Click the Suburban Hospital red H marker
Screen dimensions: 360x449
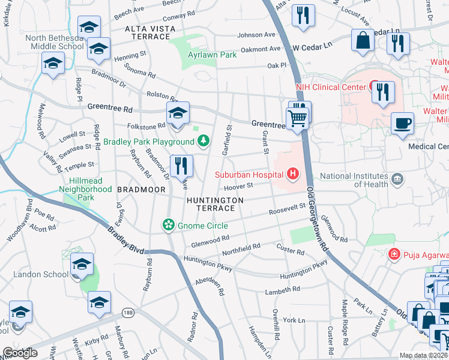[x=292, y=175]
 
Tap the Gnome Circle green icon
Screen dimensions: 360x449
[x=169, y=225]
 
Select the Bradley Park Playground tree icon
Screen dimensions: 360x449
[x=204, y=141]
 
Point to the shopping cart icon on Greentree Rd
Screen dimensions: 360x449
[x=297, y=118]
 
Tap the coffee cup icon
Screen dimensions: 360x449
[x=402, y=124]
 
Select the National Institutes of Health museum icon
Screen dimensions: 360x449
[x=397, y=179]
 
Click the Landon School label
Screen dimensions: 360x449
[x=40, y=274]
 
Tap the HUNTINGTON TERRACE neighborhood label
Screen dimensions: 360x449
[x=215, y=203]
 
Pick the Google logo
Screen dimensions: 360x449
[x=20, y=353]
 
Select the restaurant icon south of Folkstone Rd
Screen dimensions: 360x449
[x=181, y=166]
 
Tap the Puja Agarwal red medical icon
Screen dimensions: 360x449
[x=393, y=254]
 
